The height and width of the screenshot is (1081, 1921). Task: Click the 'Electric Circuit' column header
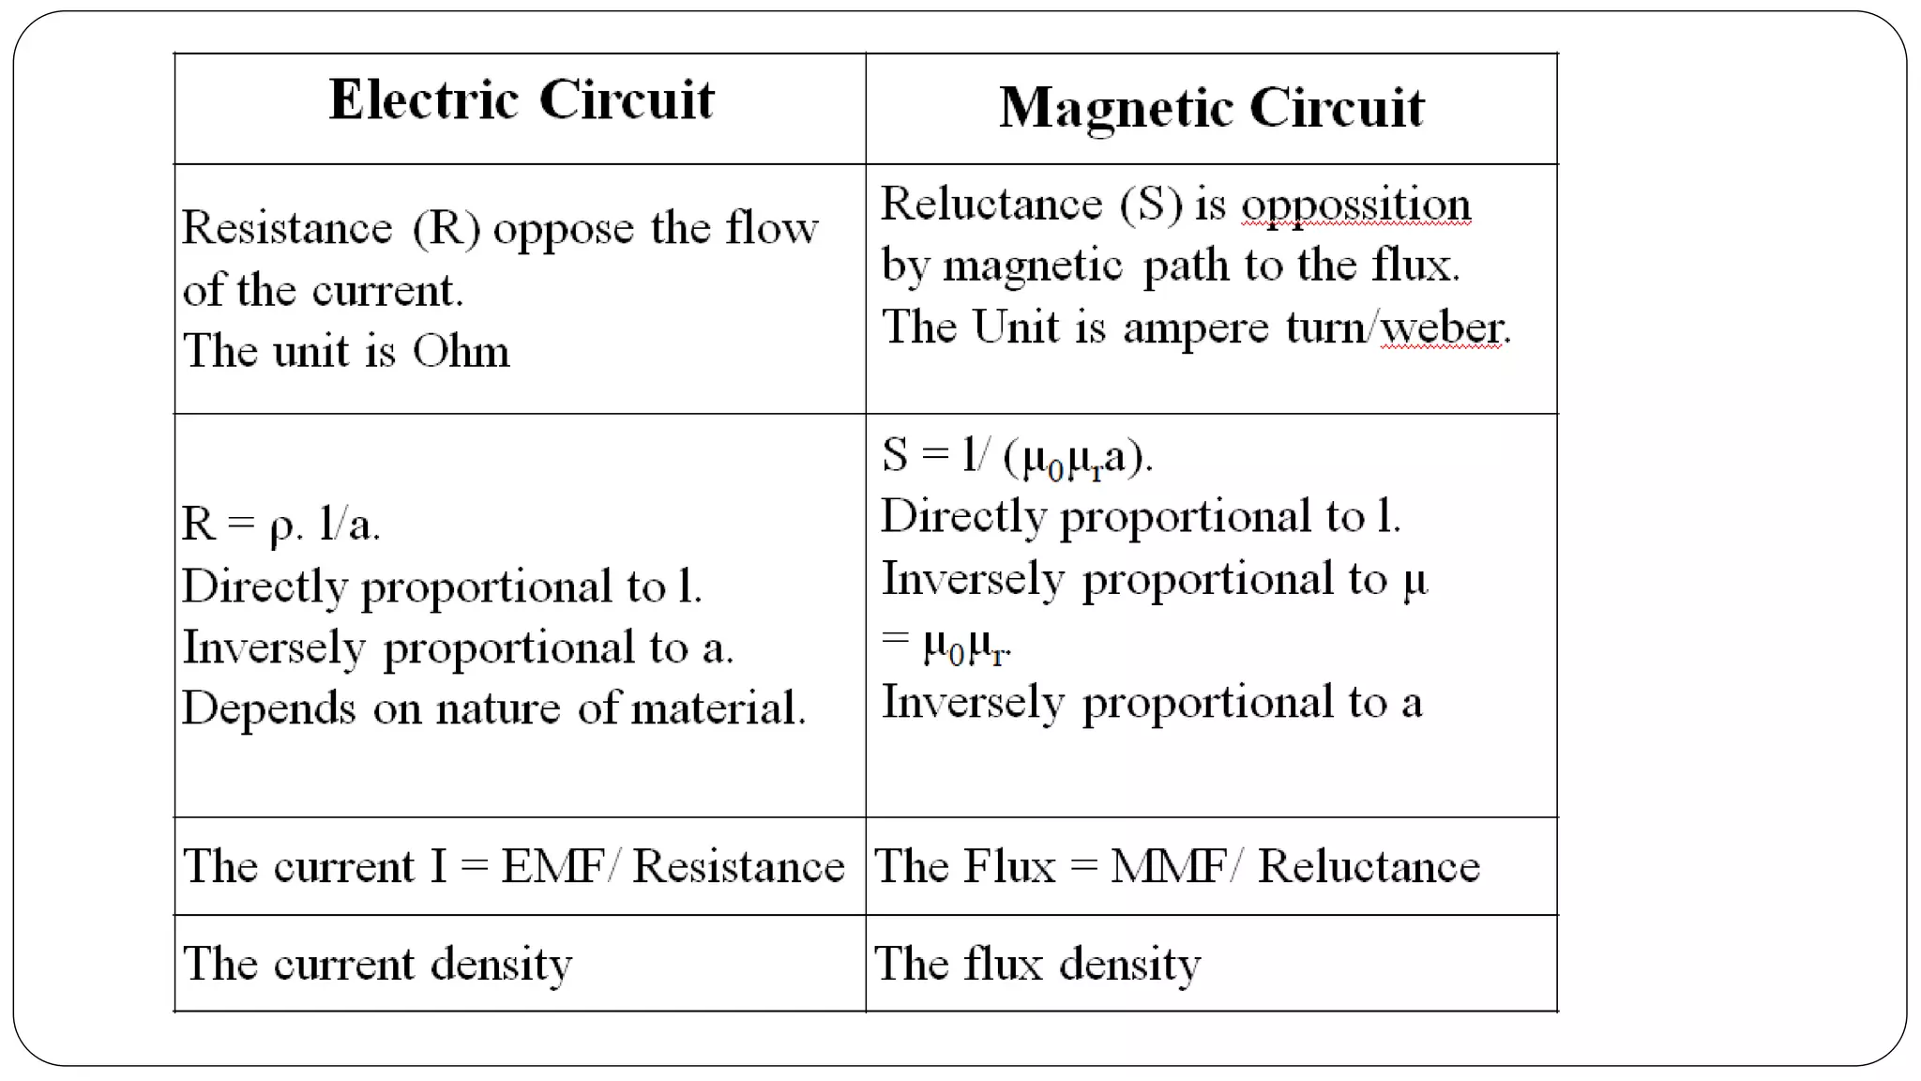tap(522, 99)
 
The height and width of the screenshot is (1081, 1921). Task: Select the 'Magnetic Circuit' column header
tap(1211, 107)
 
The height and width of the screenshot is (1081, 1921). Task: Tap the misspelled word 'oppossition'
tap(1355, 205)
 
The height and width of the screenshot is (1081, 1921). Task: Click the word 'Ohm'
tap(461, 351)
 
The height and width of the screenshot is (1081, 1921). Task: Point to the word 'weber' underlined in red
tap(1443, 327)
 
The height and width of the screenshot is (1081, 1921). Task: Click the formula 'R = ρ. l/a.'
tap(280, 524)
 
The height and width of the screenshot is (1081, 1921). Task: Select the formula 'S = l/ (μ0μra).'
tap(1017, 456)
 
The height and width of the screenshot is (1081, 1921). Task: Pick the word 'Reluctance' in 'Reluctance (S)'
tap(991, 205)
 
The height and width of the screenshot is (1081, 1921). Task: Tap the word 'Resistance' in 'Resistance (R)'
tap(287, 228)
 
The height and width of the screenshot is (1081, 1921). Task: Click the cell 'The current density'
tap(377, 964)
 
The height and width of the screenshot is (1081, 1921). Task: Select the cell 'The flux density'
tap(1036, 964)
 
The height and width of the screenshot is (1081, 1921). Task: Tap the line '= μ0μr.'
tap(946, 644)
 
